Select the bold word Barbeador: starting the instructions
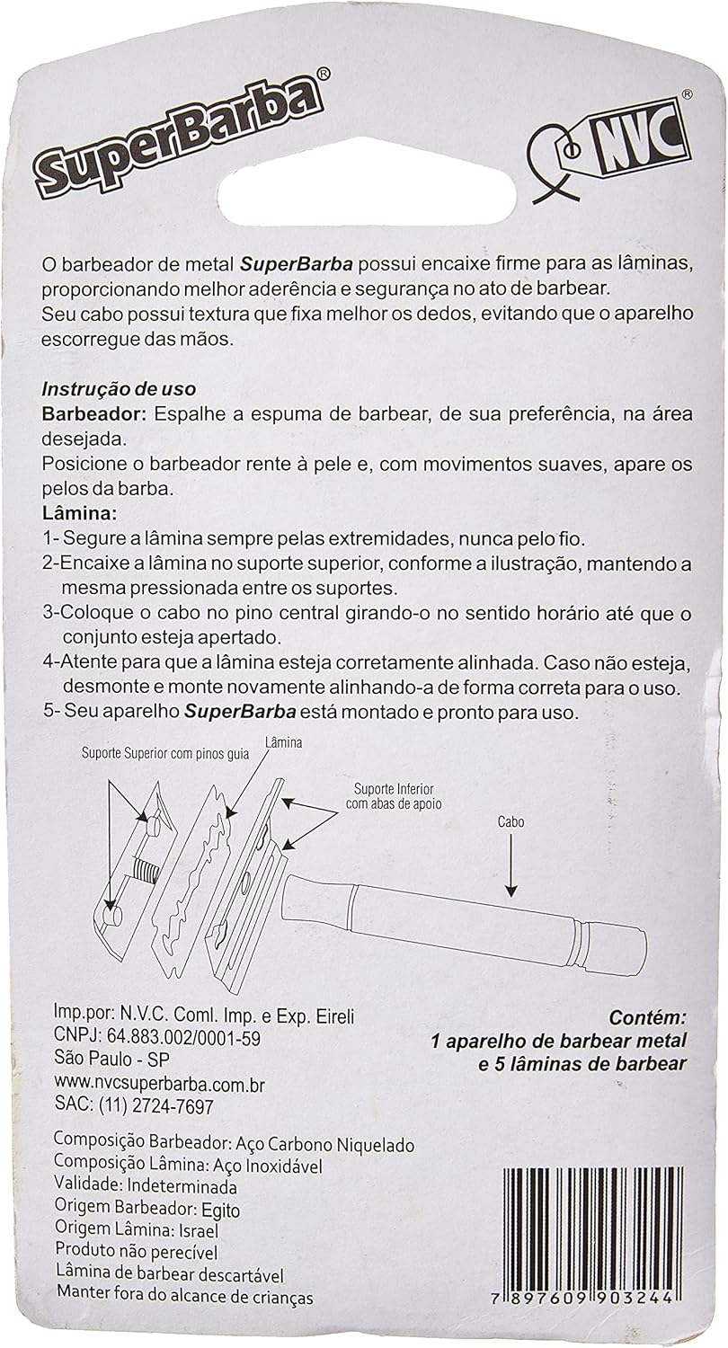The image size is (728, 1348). (93, 414)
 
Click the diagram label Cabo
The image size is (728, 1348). (509, 821)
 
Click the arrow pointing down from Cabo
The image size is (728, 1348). (510, 868)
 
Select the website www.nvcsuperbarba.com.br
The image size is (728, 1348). (160, 1083)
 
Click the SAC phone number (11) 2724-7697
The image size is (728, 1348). (159, 1105)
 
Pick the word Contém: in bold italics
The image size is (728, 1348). (648, 1018)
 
